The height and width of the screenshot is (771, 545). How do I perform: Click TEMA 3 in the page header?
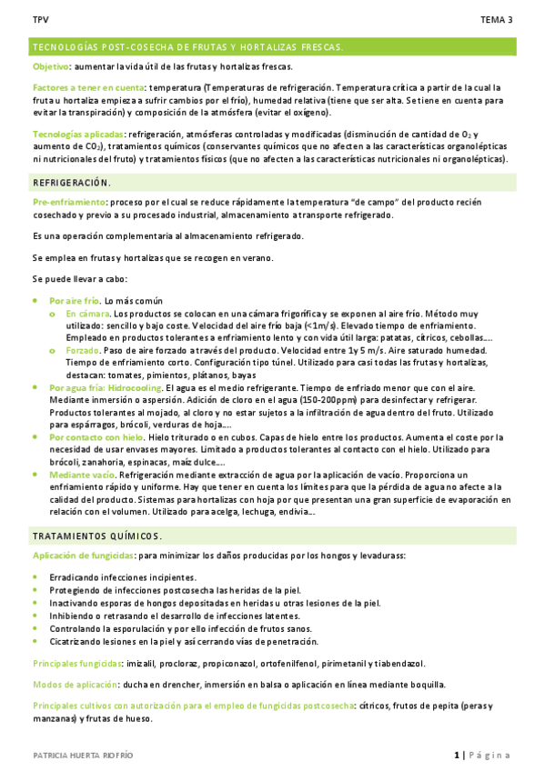tap(497, 19)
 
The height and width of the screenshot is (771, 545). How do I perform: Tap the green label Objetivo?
tap(50, 67)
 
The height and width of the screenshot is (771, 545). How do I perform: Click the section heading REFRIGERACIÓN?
tap(71, 183)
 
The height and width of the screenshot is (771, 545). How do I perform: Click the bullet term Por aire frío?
tap(75, 300)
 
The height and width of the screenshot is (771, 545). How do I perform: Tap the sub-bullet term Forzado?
tap(82, 349)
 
